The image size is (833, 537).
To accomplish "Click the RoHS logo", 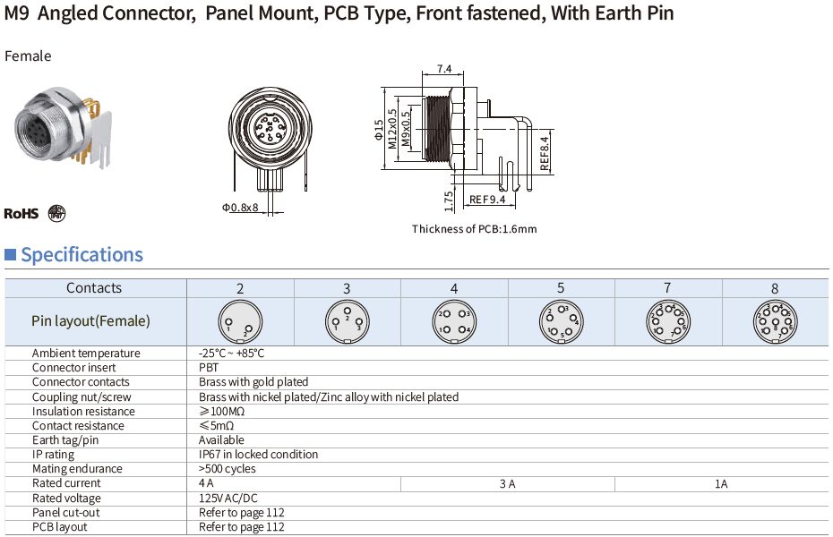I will (x=21, y=213).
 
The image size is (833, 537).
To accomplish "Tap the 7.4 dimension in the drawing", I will (x=443, y=69).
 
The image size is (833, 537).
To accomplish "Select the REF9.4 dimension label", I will (x=487, y=199).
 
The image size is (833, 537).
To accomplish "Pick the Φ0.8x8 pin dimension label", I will (x=240, y=208).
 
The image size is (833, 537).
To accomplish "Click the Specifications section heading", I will (x=82, y=255).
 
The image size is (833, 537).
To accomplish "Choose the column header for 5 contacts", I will (x=561, y=288).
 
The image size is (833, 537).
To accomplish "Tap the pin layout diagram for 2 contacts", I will (x=239, y=321).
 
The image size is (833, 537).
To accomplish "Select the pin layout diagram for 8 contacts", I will (x=775, y=321).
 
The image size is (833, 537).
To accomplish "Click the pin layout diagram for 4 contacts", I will (x=454, y=321).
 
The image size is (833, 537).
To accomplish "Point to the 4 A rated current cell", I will (x=207, y=483).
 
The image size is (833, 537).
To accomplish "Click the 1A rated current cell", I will (x=721, y=483).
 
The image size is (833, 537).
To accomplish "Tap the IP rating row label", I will (x=52, y=455).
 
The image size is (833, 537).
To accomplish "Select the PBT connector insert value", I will (x=208, y=368).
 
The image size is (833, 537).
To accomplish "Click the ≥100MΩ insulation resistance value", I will (x=221, y=411).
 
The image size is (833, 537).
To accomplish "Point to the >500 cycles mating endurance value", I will (x=227, y=469).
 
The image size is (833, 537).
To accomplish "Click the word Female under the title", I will (x=29, y=56).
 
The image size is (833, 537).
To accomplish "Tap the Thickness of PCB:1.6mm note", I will (x=474, y=229).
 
